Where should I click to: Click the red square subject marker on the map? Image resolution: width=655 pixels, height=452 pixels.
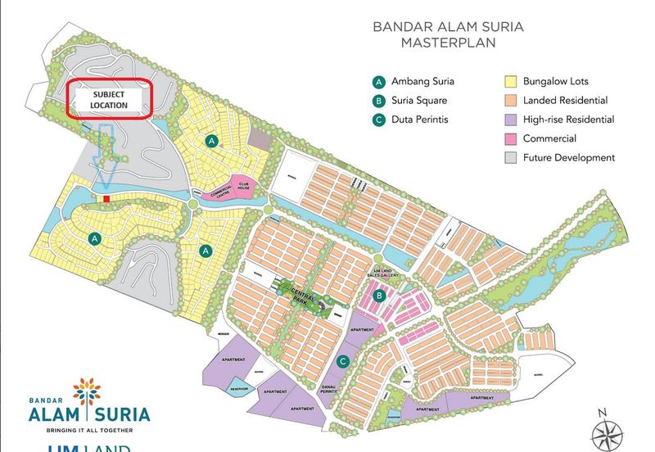point(106,198)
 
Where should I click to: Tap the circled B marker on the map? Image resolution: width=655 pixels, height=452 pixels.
point(379,296)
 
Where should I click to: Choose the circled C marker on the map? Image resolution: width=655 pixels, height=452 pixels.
point(344,361)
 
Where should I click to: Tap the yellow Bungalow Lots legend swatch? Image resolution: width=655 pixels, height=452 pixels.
point(508,82)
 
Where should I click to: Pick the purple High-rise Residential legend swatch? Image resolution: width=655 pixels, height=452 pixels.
point(508,120)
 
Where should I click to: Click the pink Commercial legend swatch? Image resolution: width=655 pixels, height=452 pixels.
point(508,139)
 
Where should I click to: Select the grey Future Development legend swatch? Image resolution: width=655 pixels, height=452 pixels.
point(508,158)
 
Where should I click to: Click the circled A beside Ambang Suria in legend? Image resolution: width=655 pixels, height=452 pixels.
point(378,82)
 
